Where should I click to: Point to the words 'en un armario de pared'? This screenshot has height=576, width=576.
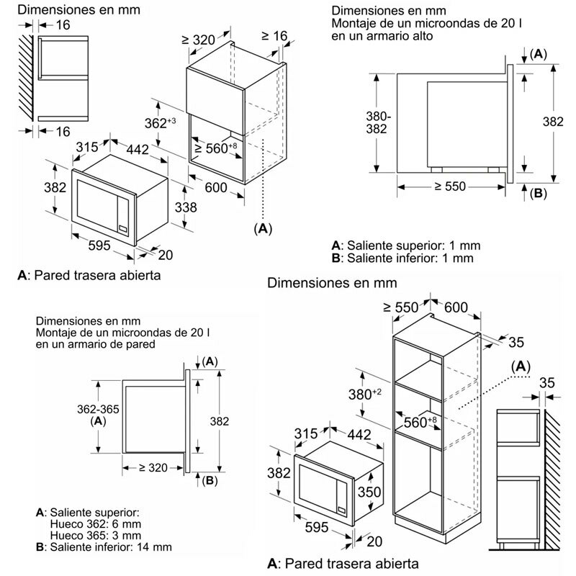pyautogui.click(x=96, y=345)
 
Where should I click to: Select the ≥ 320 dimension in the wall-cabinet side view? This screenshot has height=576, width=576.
pyautogui.click(x=153, y=467)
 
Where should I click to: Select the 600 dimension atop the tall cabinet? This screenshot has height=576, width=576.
pyautogui.click(x=455, y=307)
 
